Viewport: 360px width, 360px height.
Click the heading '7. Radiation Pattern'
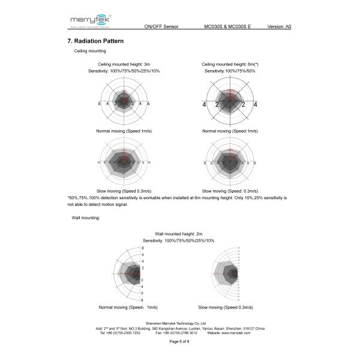pos(96,41)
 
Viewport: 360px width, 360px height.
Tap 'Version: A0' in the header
pos(279,28)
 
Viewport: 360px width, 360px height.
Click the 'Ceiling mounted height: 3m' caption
pos(124,64)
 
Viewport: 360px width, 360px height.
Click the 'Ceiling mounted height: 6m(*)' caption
pos(230,64)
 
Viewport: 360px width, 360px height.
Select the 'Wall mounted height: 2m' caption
pos(179,233)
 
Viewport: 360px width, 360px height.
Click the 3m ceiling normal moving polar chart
pos(124,103)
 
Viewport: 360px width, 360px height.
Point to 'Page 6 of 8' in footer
pos(179,341)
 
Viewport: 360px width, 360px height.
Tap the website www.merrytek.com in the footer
pos(237,332)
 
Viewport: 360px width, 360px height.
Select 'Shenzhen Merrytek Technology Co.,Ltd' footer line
pos(179,323)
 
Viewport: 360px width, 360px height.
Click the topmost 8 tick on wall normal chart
pos(142,248)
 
